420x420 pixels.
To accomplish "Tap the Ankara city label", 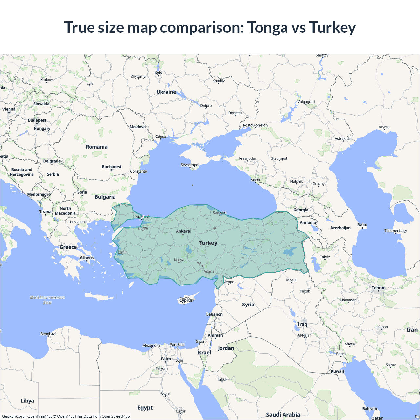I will (183, 231).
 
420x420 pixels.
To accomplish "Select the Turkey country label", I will (208, 243).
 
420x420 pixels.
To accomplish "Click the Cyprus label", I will (186, 300).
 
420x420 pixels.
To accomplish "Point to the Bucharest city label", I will (112, 167).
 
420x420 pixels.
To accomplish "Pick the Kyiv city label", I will (158, 73).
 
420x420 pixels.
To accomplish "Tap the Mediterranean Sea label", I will (47, 300).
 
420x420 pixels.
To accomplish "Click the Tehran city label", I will (379, 288).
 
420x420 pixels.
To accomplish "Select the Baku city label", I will (362, 225).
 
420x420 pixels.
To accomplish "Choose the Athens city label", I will (87, 258).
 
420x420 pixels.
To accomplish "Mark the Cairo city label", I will (166, 359).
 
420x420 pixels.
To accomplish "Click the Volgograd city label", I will (306, 102).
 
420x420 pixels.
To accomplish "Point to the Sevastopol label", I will (190, 165).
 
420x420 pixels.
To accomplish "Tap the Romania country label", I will (96, 147).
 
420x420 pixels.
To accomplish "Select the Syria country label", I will (248, 304).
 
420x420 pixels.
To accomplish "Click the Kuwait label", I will (337, 371).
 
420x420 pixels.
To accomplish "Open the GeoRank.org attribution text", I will (13, 416).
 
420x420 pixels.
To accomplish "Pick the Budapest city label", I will (37, 120).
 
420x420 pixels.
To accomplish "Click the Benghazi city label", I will (48, 334).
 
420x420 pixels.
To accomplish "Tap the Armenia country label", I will (307, 223).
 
